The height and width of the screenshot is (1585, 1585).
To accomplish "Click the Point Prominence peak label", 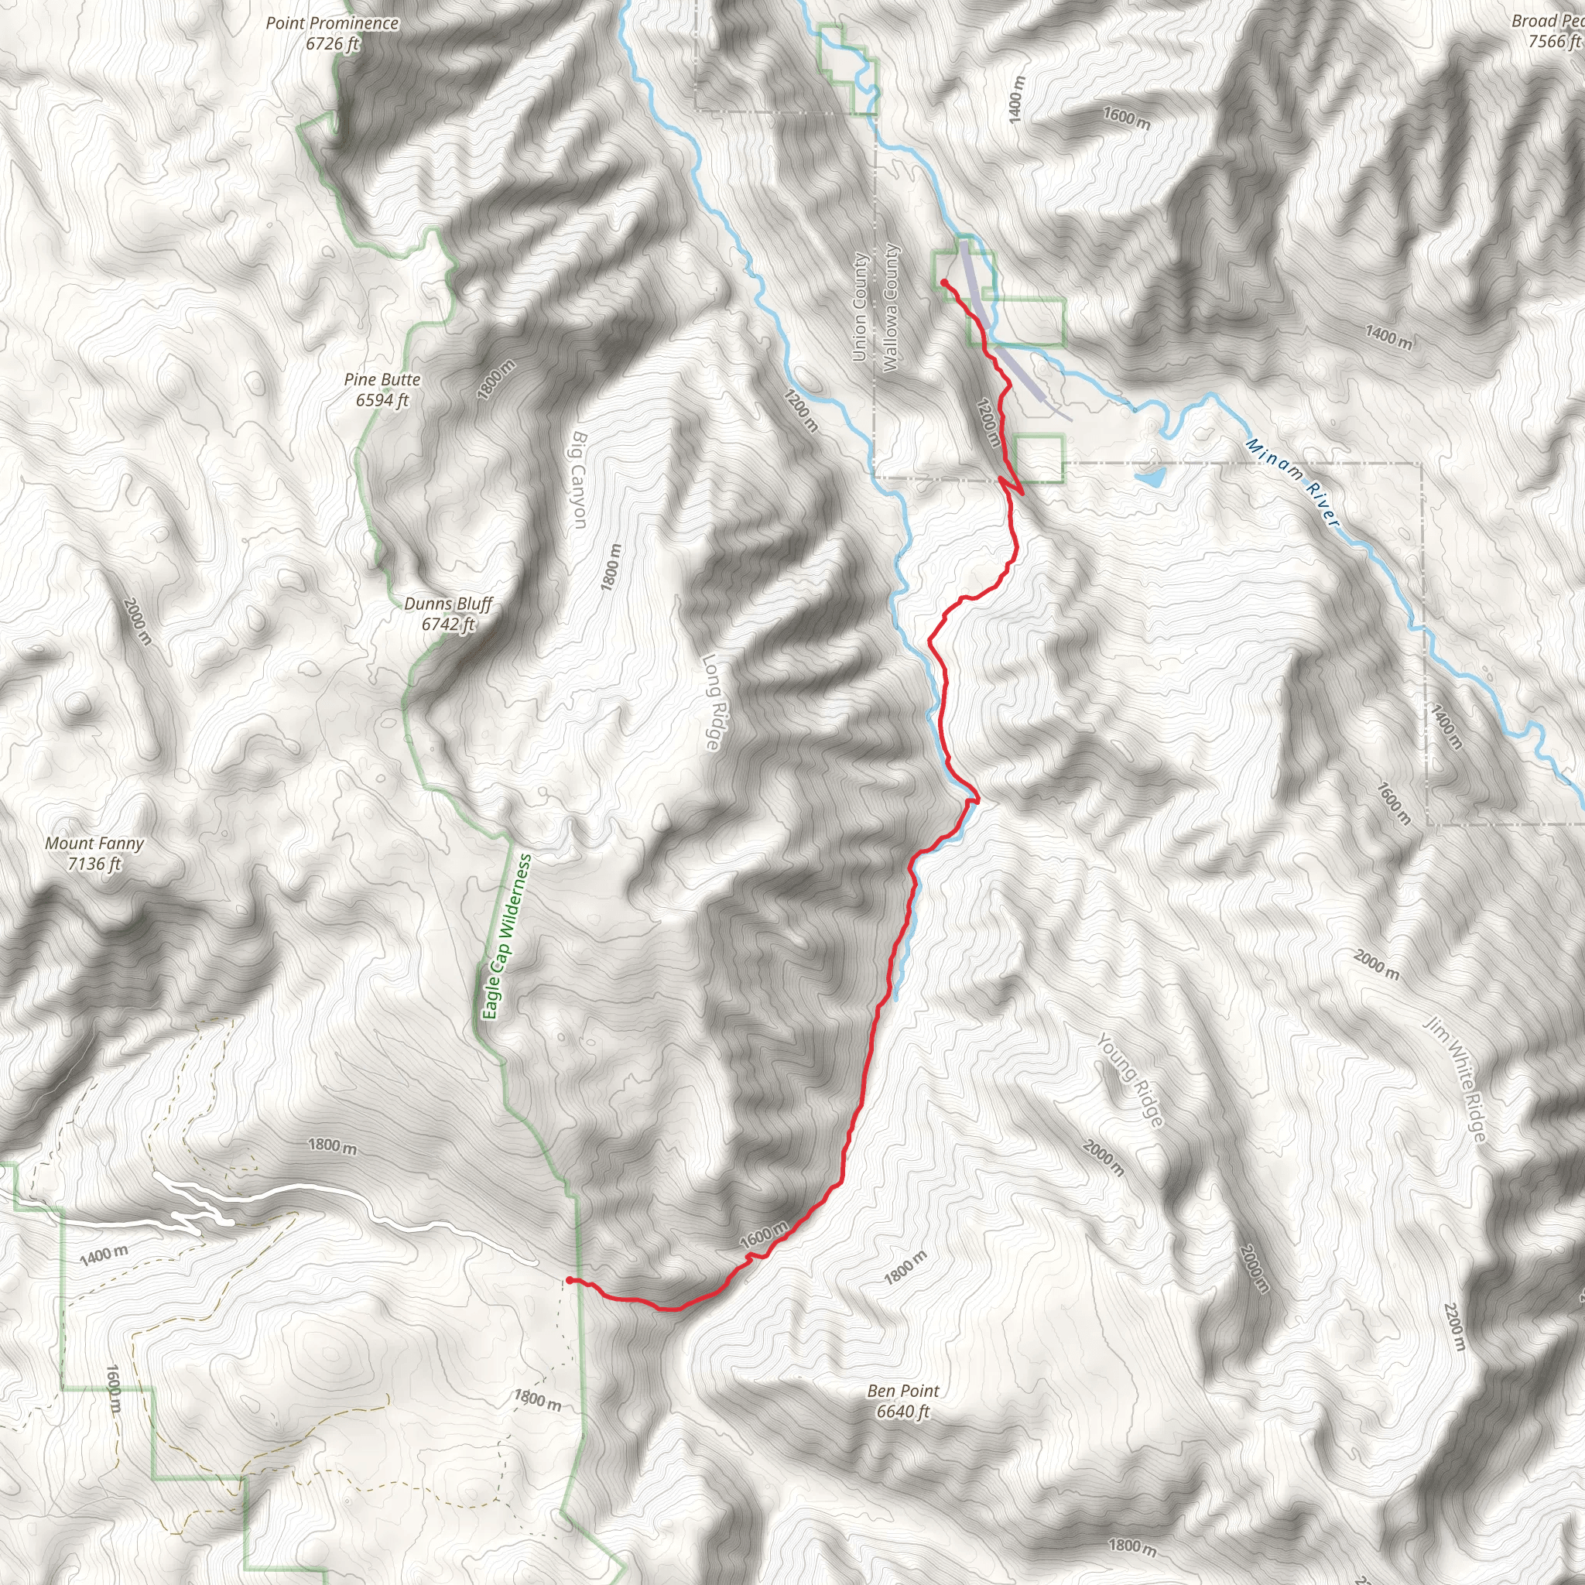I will tap(332, 33).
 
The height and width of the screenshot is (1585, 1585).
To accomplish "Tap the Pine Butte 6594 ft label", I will tap(382, 390).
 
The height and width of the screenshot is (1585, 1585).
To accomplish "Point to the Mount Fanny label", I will tap(94, 853).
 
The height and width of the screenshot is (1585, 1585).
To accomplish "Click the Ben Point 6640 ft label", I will tap(902, 1400).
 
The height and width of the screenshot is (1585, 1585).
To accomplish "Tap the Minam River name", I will tap(1292, 482).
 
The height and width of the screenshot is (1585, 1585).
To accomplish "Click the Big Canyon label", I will tap(579, 480).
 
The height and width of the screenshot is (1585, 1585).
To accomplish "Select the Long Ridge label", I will tap(712, 701).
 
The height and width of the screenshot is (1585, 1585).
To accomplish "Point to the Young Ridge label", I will tap(1131, 1080).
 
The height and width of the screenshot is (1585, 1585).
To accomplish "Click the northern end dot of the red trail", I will tap(944, 283).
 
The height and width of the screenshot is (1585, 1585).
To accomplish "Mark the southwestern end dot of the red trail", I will tap(570, 1280).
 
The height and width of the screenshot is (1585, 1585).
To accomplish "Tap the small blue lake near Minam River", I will tap(1151, 477).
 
